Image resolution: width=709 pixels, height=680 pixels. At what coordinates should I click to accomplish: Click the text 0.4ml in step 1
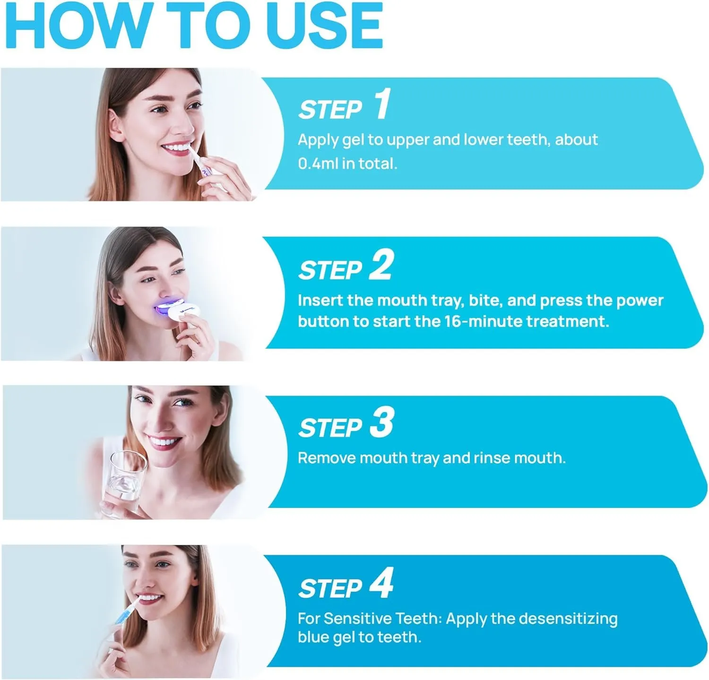click(x=318, y=164)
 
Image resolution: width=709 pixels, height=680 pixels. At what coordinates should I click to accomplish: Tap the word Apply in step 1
click(x=318, y=140)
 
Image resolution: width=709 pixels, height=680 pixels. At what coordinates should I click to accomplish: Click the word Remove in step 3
click(x=327, y=457)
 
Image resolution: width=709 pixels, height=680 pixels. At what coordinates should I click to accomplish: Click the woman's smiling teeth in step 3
click(x=164, y=442)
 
